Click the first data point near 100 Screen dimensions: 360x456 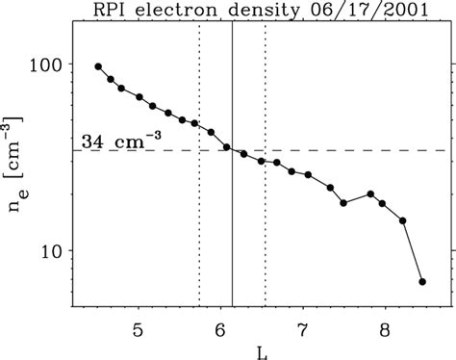[98, 66]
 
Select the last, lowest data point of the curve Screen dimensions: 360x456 [422, 282]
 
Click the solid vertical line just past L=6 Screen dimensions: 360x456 [232, 241]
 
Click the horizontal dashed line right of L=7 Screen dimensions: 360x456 [366, 150]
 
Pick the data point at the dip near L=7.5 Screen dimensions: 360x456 [343, 203]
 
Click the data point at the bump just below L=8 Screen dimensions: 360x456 [370, 193]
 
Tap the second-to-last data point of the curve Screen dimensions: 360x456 [403, 220]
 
